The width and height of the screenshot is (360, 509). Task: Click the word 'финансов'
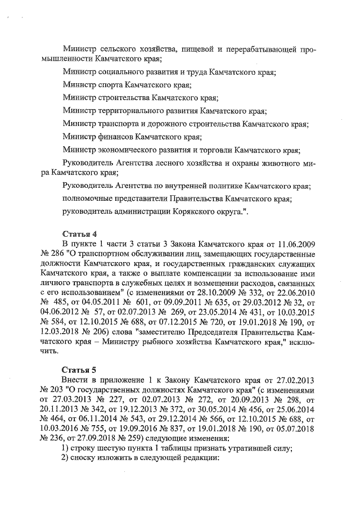coord(112,136)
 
